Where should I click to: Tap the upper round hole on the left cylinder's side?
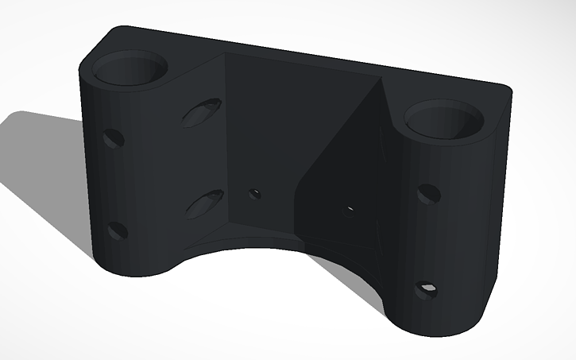tap(114, 139)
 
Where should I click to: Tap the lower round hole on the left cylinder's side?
tap(118, 230)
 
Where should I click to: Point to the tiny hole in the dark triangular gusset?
tap(350, 210)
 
